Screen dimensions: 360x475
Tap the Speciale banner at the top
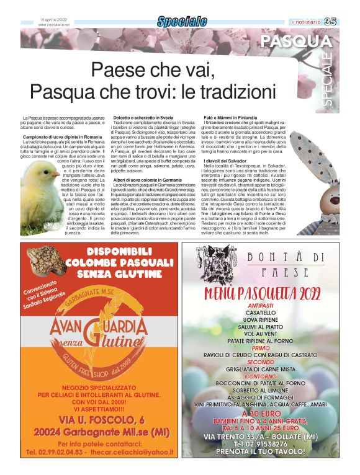pyautogui.click(x=182, y=22)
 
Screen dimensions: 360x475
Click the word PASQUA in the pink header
pyautogui.click(x=296, y=42)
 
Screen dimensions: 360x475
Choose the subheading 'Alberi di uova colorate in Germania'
pyautogui.click(x=147, y=180)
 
